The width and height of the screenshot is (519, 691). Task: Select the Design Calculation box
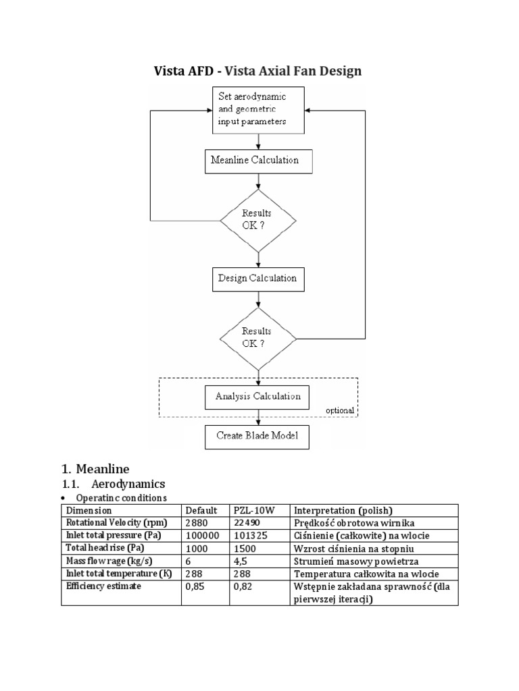(257, 277)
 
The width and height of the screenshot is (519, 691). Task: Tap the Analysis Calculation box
(257, 396)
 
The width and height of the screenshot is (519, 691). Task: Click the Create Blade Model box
(257, 435)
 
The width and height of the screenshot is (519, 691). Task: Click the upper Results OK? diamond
(258, 220)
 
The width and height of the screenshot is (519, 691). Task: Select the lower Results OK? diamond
(258, 337)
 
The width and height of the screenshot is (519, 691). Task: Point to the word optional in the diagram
(339, 410)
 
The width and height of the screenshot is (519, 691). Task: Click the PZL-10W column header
(249, 510)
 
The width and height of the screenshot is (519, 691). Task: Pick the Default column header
(201, 510)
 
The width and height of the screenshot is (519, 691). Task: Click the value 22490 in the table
(246, 523)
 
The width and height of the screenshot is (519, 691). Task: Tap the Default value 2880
(197, 523)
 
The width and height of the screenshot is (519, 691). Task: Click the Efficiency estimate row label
(103, 587)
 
